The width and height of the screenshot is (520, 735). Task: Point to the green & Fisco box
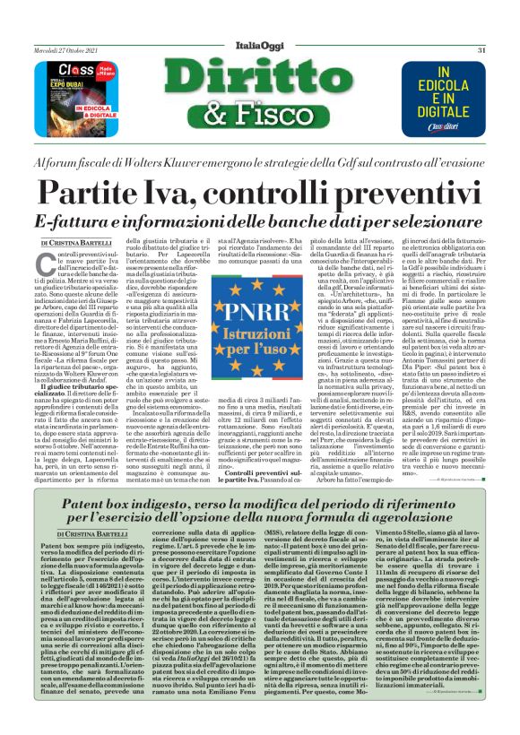pos(260,111)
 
